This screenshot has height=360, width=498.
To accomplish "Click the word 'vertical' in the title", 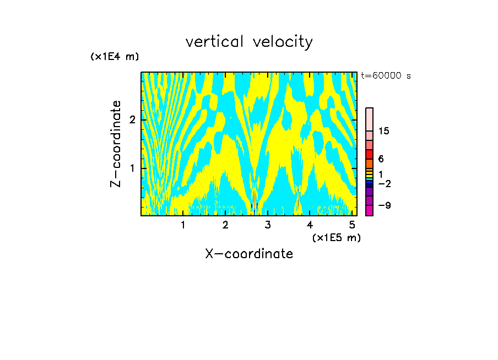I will coord(215,42).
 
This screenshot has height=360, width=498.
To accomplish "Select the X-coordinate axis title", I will coord(249,254).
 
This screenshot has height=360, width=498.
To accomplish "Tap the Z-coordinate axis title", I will coord(116,144).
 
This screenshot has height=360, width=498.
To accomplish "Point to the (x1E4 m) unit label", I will coord(115,57).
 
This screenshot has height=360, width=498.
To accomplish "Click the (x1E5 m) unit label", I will coord(336,237).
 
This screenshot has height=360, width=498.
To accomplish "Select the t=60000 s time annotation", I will coord(386,76).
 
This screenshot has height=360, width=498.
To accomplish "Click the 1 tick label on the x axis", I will coord(183,225).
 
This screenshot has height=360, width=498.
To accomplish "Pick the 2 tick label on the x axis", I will coord(225,225).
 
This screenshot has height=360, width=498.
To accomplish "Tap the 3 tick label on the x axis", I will coord(268,225).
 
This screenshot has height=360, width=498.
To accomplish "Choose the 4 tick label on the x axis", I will coord(310,225).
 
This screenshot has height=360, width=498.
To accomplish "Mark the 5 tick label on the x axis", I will coord(352,225).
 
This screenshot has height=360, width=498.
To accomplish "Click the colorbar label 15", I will coord(384,131).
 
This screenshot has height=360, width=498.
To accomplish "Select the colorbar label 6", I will coord(381,159).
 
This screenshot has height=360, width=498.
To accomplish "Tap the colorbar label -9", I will coord(384,205).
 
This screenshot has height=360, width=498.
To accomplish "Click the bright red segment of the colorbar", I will coord(369,155).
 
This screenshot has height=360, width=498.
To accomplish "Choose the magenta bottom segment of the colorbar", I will coord(369,210).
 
